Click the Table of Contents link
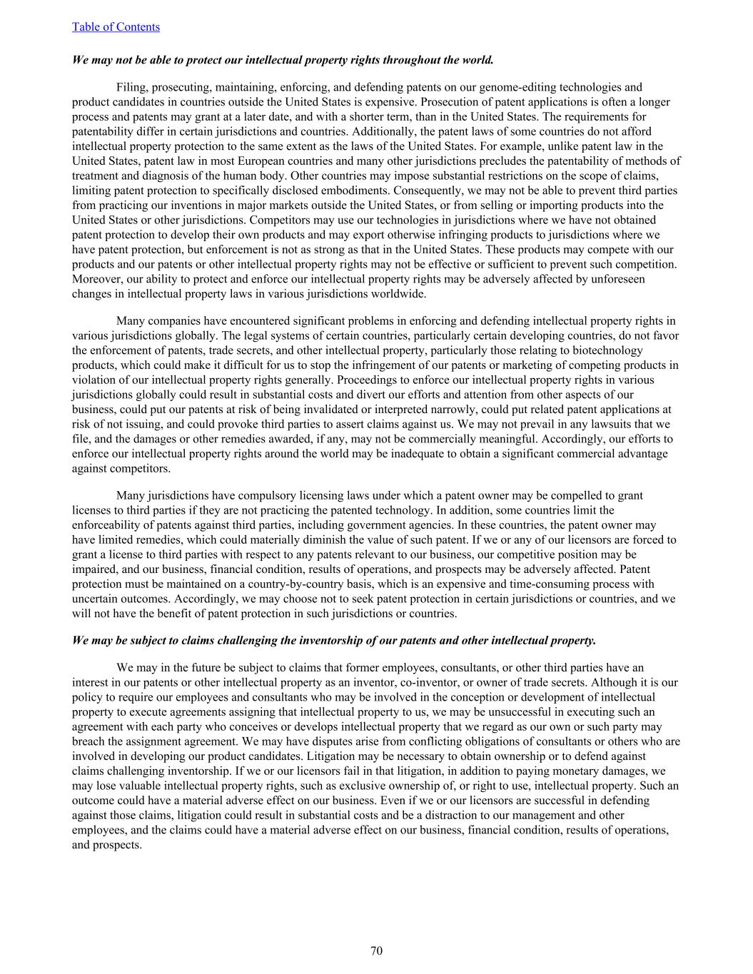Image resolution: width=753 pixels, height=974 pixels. tap(116, 27)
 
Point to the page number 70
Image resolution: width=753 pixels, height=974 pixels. tap(376, 950)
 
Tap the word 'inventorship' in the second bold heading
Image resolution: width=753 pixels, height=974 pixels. tap(332, 641)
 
